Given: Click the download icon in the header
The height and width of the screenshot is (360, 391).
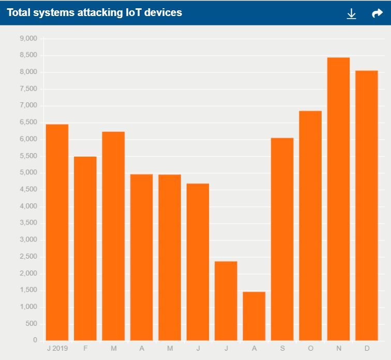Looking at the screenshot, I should (351, 13).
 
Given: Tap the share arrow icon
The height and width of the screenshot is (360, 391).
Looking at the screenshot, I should (377, 13).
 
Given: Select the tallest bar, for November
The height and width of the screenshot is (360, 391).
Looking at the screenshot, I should (339, 199).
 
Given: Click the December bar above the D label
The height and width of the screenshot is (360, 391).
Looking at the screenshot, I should (367, 205).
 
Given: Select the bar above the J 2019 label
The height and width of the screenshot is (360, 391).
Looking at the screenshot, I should (57, 232).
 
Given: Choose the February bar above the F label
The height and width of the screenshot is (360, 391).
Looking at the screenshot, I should (85, 248).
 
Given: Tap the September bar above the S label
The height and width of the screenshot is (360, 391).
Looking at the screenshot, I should (282, 239).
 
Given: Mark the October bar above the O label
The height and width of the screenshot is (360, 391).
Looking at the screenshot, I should (310, 226).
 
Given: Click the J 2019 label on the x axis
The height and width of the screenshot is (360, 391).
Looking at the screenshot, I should (57, 349).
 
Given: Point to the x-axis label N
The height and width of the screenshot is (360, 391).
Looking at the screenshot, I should (339, 349).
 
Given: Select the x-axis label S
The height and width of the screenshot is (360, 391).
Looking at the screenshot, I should (282, 349).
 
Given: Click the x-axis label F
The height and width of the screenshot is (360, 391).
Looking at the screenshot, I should (85, 349).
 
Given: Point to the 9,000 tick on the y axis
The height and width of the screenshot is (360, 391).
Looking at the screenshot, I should (28, 38).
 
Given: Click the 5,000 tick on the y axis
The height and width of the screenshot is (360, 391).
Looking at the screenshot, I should (28, 173).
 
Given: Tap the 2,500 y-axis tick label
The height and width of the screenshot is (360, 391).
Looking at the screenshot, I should (28, 257).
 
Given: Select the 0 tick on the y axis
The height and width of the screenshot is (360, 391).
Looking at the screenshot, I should (35, 340).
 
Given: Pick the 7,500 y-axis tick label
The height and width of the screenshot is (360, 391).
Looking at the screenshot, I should (28, 89).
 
